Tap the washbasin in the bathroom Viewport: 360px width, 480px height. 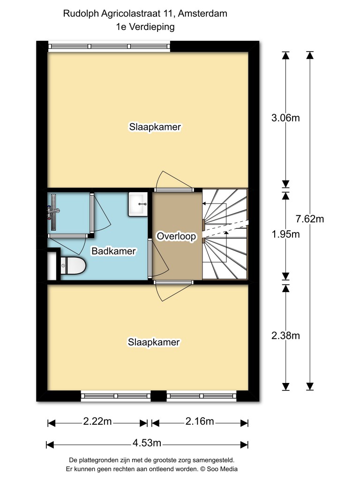coord(138,204)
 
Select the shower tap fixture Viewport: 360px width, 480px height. coord(53,212)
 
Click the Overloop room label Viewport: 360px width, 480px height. coord(176,236)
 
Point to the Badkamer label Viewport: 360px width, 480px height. coord(113,251)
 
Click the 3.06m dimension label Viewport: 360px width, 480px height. coord(285,118)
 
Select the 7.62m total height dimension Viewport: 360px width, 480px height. coord(310,219)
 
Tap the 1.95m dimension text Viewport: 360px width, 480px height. coord(285,234)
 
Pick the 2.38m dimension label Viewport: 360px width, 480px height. coord(285,336)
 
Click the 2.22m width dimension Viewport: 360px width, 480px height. coord(97,421)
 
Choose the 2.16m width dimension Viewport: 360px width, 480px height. coord(200,421)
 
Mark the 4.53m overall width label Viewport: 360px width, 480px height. coord(147,442)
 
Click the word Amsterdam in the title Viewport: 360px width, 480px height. coord(202,14)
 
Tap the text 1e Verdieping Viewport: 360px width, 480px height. coord(145,27)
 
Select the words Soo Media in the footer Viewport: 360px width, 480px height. coord(222,469)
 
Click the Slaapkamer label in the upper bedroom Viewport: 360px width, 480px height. coord(155,127)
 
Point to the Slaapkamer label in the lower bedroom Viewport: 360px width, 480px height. coord(154,342)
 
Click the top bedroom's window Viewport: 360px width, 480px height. coord(109,46)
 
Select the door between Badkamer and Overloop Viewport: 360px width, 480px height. coord(150,258)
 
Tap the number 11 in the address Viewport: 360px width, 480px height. coord(167,14)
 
